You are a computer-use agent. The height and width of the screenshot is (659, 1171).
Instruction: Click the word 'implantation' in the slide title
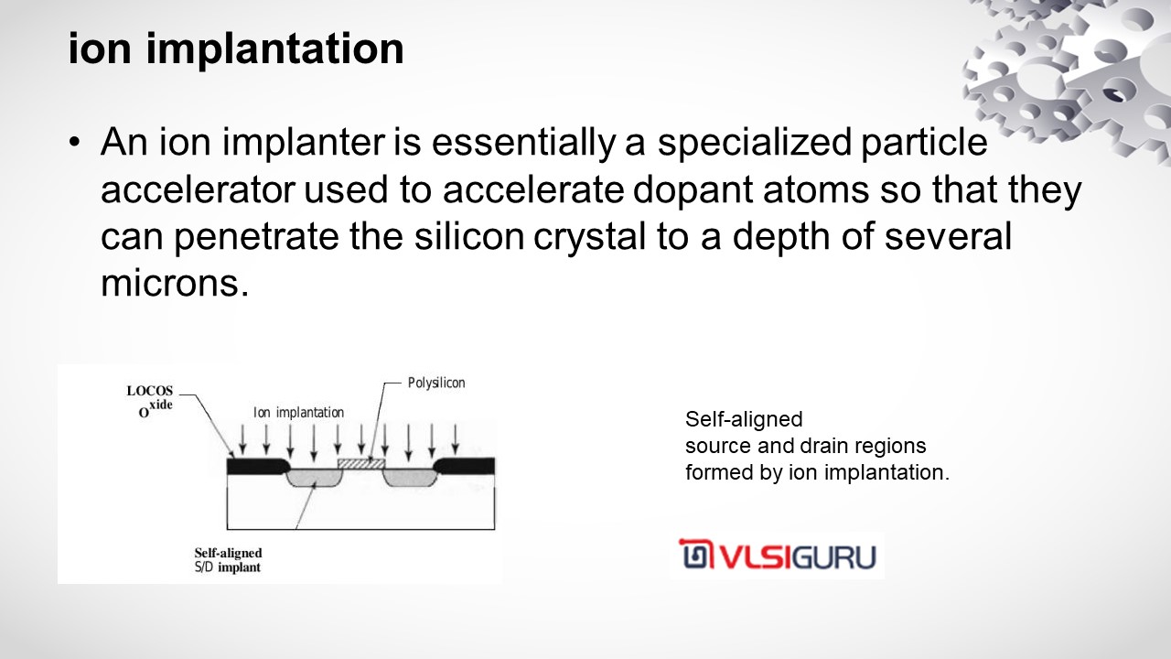[x=274, y=49]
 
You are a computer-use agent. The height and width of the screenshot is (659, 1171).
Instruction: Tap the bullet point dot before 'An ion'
[x=75, y=142]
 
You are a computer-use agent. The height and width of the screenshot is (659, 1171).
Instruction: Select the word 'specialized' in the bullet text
[x=755, y=142]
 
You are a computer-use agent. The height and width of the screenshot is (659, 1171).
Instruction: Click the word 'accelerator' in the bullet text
[x=198, y=189]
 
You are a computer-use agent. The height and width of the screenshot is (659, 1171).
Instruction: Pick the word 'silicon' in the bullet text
[x=469, y=236]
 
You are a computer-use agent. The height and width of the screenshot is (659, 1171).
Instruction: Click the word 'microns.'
[x=175, y=284]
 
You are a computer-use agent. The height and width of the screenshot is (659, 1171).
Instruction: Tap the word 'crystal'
[x=590, y=237]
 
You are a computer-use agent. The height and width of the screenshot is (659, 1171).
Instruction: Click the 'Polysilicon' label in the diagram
[x=436, y=383]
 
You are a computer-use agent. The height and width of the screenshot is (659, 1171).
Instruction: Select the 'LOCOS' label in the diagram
[x=149, y=391]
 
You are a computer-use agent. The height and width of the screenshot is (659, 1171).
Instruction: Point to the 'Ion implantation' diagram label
[x=298, y=413]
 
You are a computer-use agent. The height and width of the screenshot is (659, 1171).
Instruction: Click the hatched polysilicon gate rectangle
[x=360, y=463]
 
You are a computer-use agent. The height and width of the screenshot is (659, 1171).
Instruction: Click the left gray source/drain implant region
[x=314, y=477]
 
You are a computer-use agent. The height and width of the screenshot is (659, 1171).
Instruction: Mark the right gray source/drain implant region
[x=410, y=477]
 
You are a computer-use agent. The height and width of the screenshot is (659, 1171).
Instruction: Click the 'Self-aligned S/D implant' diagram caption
[x=228, y=560]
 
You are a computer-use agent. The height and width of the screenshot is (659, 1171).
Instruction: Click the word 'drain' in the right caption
[x=824, y=446]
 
